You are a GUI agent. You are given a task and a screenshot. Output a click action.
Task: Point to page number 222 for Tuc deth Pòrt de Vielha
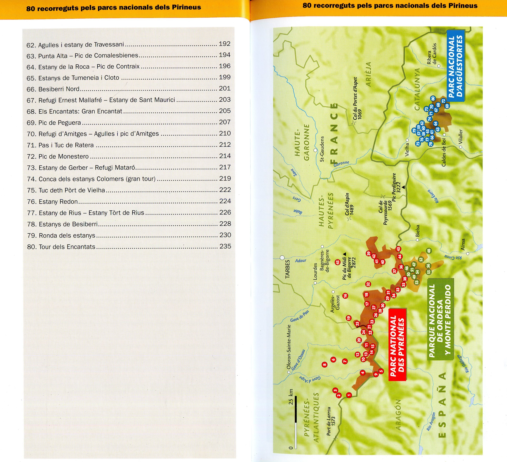click(225, 190)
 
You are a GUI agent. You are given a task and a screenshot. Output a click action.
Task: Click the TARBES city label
click(287, 269)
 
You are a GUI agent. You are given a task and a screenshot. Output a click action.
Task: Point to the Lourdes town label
click(315, 272)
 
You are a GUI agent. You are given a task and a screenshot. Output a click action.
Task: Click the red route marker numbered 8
click(324, 365)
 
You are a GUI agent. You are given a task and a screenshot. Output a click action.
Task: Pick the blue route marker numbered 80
click(433, 98)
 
